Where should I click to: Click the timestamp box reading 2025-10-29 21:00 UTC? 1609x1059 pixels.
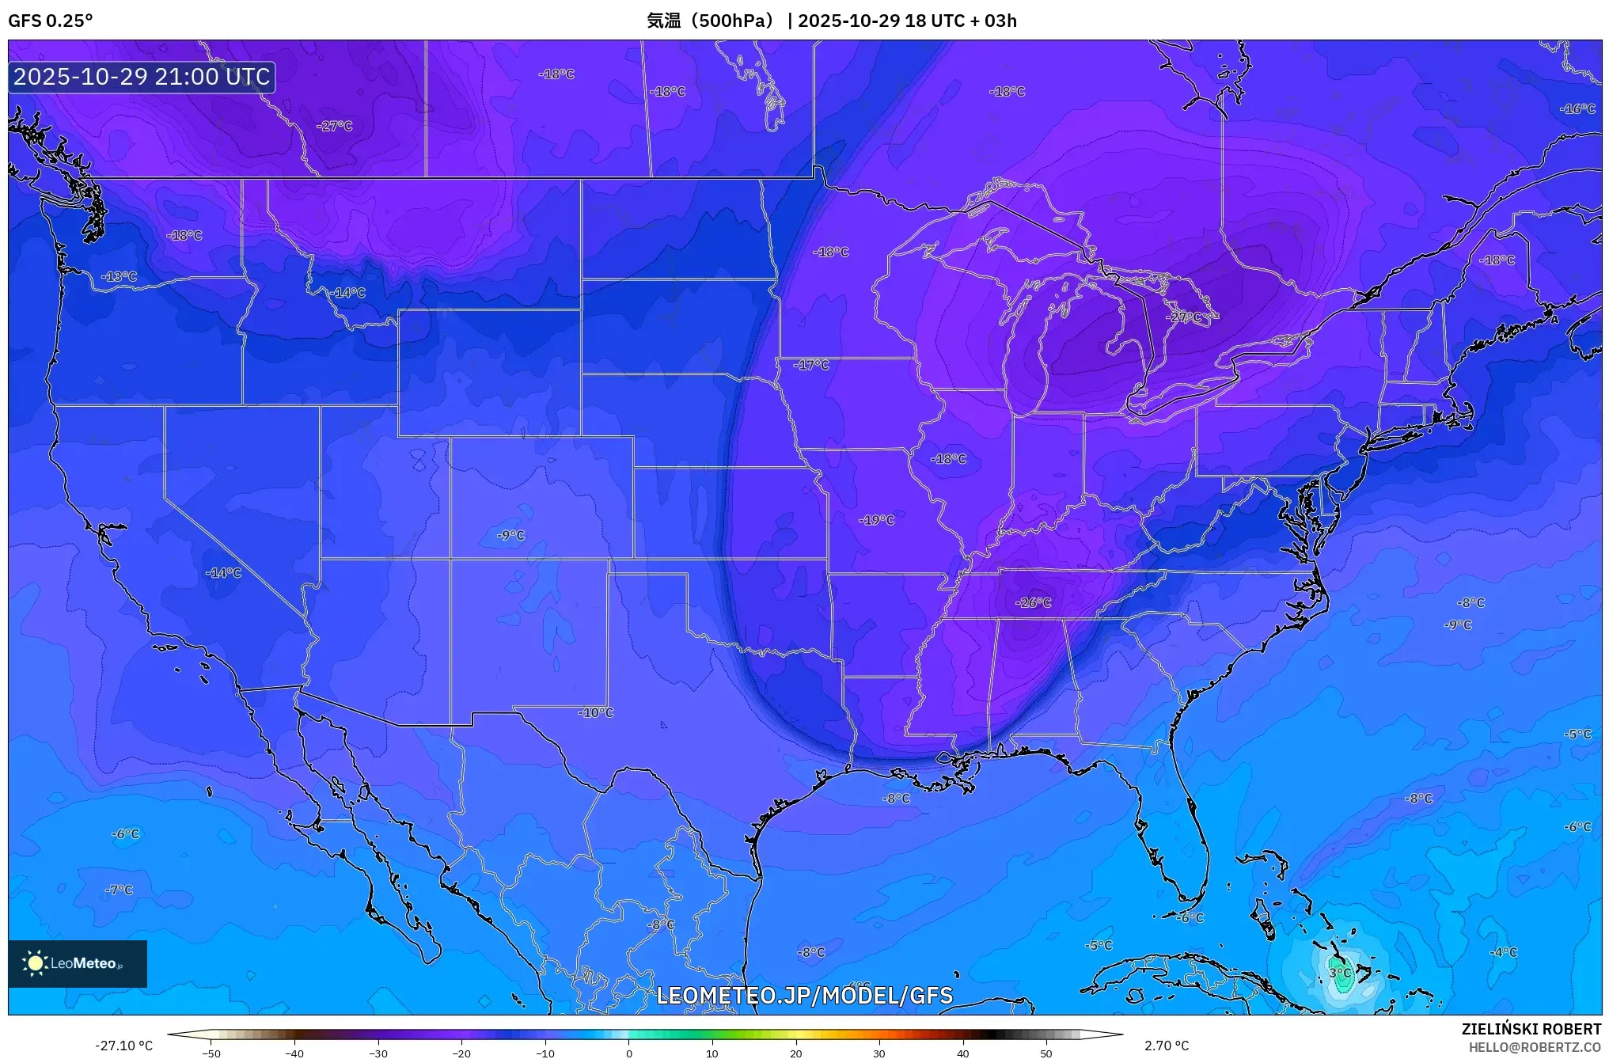pos(142,77)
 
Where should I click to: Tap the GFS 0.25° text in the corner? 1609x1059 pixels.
pos(50,21)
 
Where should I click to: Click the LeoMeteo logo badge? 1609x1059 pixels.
pos(77,963)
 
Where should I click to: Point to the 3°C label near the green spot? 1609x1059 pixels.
pos(1340,973)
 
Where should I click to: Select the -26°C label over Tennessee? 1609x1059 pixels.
pos(1033,602)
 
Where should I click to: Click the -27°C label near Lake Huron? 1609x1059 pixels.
pos(1183,317)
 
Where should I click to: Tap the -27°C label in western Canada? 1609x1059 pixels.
pos(334,126)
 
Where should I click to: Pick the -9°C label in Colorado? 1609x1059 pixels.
pos(510,535)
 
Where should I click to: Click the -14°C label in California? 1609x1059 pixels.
pos(223,572)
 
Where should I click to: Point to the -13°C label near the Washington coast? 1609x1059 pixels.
pos(119,276)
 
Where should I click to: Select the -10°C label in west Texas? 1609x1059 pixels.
pos(595,712)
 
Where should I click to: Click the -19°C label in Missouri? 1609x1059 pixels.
pos(876,520)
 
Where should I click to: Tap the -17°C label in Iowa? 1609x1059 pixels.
pos(812,365)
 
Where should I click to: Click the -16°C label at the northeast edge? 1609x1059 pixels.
pos(1577,108)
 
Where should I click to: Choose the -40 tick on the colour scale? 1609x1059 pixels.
pos(294,1053)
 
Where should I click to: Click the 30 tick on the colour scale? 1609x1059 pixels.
pos(879,1053)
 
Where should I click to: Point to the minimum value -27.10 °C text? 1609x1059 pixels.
pos(123,1046)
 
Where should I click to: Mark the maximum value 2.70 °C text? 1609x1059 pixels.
pos(1166,1046)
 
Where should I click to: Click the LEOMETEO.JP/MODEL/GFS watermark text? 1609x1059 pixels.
pos(804,995)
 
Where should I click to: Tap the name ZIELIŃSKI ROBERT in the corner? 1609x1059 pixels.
pos(1531,1029)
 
